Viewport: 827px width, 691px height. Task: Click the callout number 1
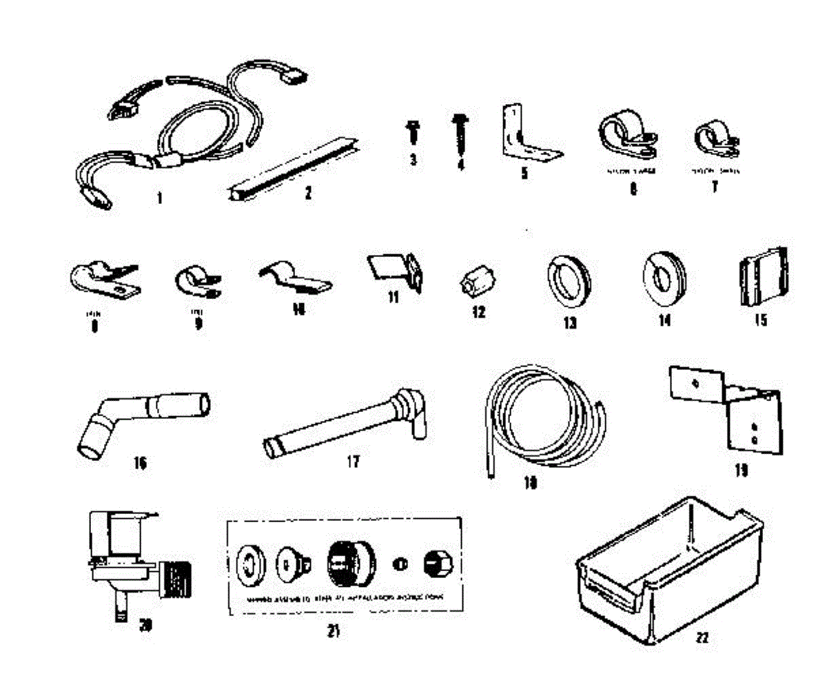click(160, 198)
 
